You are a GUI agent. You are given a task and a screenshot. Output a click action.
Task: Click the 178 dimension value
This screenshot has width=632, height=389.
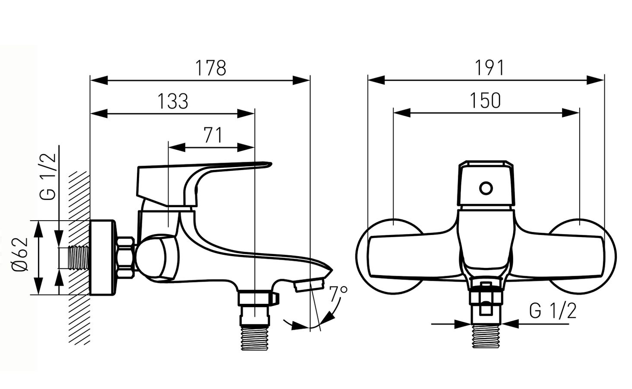pyautogui.click(x=210, y=68)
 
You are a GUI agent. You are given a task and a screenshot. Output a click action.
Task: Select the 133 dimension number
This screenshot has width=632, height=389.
pyautogui.click(x=173, y=101)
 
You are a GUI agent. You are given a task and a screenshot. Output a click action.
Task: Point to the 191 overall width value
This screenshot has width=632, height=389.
pyautogui.click(x=489, y=68)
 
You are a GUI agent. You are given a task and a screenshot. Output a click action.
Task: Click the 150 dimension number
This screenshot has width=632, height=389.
pyautogui.click(x=485, y=100)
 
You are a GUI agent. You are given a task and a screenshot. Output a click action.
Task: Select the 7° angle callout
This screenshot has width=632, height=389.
pyautogui.click(x=338, y=294)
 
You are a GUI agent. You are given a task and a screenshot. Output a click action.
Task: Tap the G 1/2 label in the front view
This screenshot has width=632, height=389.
pyautogui.click(x=553, y=311)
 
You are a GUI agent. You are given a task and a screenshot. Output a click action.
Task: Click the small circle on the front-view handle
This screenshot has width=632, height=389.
pyautogui.click(x=486, y=188)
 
